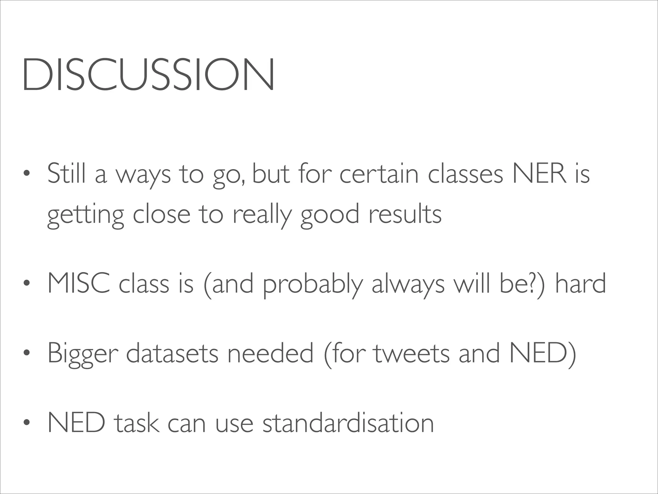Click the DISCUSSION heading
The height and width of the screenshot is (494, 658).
point(148,75)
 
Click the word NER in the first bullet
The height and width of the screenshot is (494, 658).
point(539,174)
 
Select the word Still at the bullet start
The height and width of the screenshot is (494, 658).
point(67,174)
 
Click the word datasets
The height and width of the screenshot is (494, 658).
point(172,353)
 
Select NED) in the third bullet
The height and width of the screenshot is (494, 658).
point(543,353)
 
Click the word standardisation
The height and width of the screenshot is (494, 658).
point(348,423)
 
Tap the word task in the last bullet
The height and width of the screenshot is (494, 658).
point(136,423)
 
